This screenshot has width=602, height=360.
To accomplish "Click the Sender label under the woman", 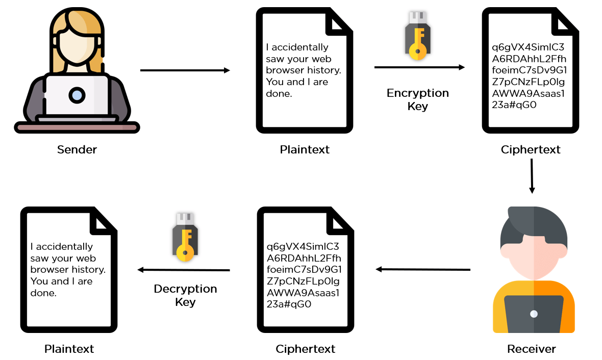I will coord(77,150).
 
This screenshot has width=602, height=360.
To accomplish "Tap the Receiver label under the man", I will coord(531,349).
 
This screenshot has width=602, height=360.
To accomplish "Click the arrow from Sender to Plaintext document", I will coord(185,70).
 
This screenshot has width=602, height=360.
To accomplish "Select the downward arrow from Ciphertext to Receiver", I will coord(532,176).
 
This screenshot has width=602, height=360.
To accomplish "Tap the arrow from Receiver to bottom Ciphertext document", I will coord(423,269).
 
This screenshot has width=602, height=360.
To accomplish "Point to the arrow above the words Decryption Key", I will coord(184,270).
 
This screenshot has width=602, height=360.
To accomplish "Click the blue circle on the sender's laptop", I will coord(77,95).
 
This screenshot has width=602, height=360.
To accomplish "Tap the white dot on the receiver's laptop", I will coord(534,314).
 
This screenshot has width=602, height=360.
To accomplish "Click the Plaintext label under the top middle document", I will coord(305,150).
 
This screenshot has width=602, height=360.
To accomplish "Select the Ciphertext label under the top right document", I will coord(531,150).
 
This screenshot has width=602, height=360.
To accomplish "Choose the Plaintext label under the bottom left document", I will coord(69,349).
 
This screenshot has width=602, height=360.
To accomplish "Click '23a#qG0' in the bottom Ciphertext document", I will coord(289,304).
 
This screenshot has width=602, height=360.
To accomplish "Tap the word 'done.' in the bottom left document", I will coord(43,293).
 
